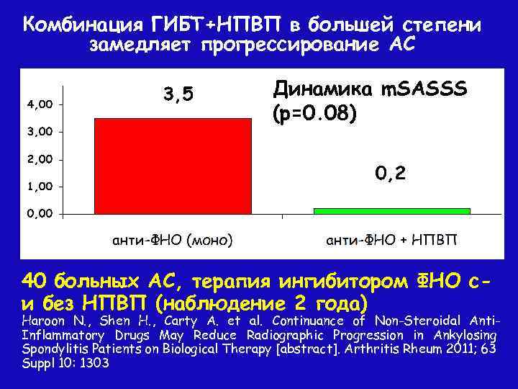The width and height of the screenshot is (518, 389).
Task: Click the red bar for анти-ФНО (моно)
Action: pyautogui.click(x=173, y=166)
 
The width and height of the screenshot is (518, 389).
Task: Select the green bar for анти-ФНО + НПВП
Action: pyautogui.click(x=391, y=211)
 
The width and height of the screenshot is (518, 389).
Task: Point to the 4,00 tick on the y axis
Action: pyautogui.click(x=40, y=104)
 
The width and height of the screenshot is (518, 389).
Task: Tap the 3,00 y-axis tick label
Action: pyautogui.click(x=40, y=132)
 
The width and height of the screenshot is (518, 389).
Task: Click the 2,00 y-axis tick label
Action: pyautogui.click(x=40, y=159)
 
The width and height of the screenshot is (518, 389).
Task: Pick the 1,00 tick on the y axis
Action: pyautogui.click(x=40, y=187)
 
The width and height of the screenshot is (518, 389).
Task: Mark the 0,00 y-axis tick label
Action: pyautogui.click(x=40, y=214)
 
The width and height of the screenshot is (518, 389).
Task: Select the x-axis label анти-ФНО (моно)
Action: pyautogui.click(x=173, y=239)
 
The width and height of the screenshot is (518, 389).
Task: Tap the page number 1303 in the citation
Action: pyautogui.click(x=94, y=364)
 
